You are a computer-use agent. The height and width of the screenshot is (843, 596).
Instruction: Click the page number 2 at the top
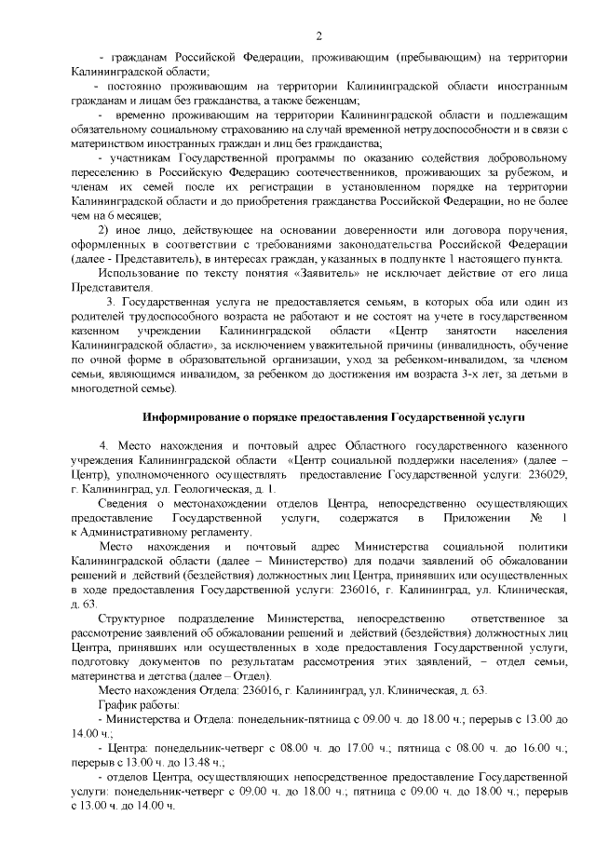click(x=318, y=36)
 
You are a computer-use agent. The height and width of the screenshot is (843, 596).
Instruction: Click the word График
click(x=117, y=705)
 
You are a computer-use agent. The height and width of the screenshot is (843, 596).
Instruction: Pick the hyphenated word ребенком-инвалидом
click(x=431, y=358)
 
